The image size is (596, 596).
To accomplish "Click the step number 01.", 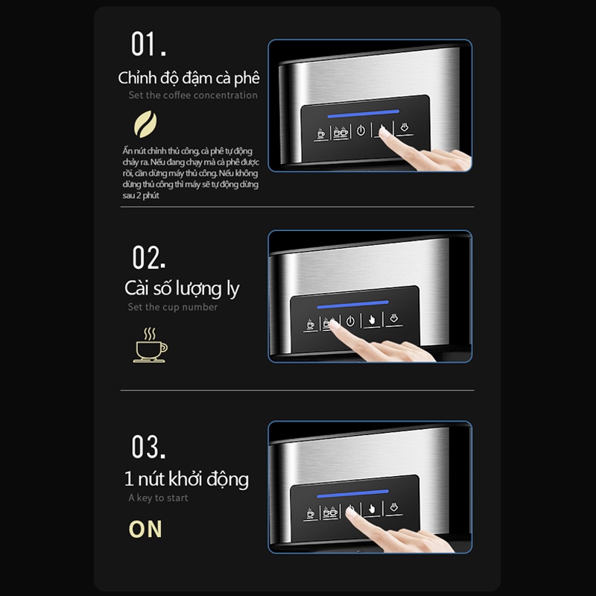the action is [148, 44].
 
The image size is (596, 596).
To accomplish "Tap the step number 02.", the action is [148, 257].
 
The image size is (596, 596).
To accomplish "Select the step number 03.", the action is [148, 446].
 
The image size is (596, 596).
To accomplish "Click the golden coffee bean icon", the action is [145, 124].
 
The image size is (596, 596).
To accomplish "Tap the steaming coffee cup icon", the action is [150, 345].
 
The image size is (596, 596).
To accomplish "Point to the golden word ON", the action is [145, 529].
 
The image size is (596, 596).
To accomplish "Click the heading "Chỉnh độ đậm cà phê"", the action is [189, 78].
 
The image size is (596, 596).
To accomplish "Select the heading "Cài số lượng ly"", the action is [182, 288].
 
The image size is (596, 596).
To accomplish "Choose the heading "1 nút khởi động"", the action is [187, 479].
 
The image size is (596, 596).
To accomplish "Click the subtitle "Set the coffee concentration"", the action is [193, 95].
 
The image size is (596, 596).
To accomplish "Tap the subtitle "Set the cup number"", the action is [173, 307].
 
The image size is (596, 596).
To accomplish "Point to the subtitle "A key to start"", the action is [158, 498].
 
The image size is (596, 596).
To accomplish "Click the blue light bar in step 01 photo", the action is [364, 114].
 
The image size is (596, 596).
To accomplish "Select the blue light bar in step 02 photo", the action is [352, 305].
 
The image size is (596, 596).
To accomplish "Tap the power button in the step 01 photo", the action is [361, 131].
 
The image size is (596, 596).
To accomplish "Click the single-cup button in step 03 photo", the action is [311, 513].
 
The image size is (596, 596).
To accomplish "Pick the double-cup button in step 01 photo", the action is [340, 133].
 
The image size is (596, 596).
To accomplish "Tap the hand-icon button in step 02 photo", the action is [372, 320].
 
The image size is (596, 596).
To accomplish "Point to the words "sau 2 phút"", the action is [141, 196].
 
